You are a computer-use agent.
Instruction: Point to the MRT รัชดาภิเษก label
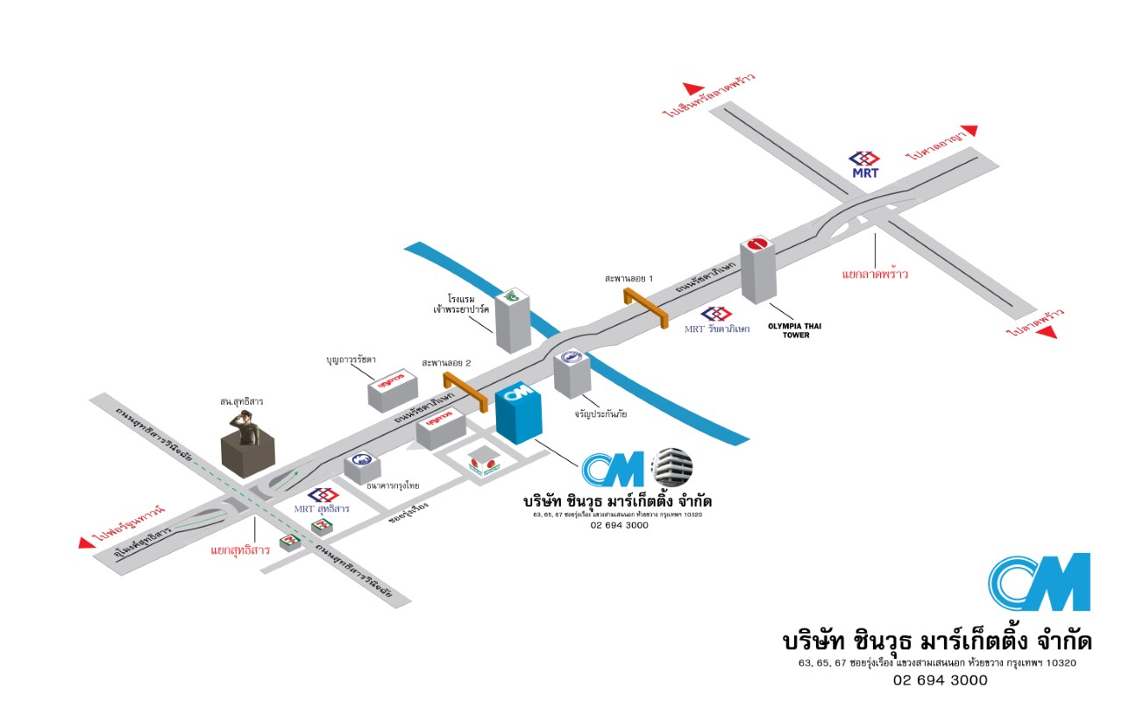pos(718,329)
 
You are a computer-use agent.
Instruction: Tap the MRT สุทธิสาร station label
pos(322,507)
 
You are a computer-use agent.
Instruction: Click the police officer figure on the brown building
pos(245,426)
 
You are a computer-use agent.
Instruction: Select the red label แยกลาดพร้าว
pos(874,273)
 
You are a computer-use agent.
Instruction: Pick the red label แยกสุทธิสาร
pos(239,551)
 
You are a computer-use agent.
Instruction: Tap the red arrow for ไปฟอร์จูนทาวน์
pos(87,542)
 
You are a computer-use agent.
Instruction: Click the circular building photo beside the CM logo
pos(672,466)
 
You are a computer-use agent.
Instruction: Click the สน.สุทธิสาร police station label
pos(242,400)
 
